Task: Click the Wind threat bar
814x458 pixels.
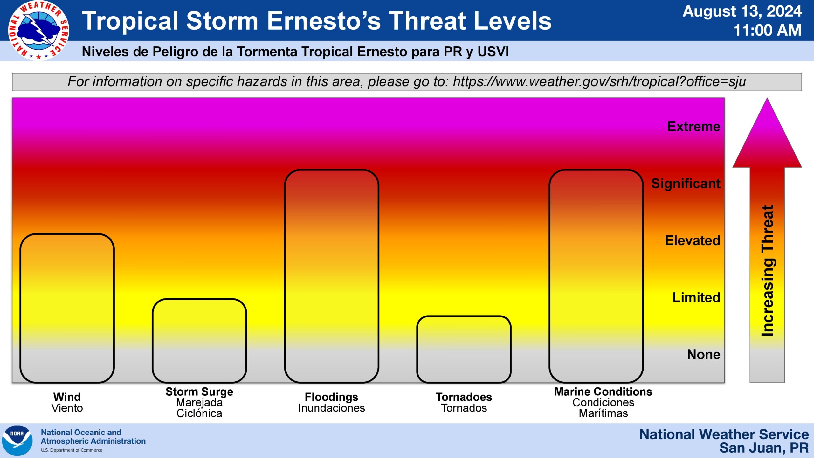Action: pyautogui.click(x=67, y=308)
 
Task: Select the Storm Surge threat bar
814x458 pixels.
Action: pyautogui.click(x=199, y=341)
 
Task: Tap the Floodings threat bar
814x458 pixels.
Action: pyautogui.click(x=332, y=276)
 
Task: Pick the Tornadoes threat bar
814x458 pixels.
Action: pyautogui.click(x=464, y=349)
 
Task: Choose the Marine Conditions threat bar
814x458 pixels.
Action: pyautogui.click(x=596, y=276)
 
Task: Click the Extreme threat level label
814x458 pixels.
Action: pyautogui.click(x=693, y=127)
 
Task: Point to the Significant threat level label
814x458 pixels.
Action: pyautogui.click(x=686, y=184)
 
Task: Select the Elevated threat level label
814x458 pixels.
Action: pyautogui.click(x=693, y=240)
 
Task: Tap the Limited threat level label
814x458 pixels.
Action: pyautogui.click(x=696, y=297)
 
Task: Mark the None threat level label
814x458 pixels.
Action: pyautogui.click(x=704, y=354)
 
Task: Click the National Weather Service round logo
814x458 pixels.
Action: pyautogui.click(x=38, y=31)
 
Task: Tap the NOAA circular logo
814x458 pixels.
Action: pyautogui.click(x=17, y=441)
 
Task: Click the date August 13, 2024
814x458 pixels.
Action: pyautogui.click(x=742, y=11)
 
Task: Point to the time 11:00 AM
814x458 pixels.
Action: pyautogui.click(x=768, y=31)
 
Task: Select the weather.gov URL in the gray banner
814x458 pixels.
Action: pyautogui.click(x=599, y=81)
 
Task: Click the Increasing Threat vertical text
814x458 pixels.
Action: pyautogui.click(x=768, y=271)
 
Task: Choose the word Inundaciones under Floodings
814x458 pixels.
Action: pyautogui.click(x=332, y=408)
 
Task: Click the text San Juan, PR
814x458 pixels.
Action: pyautogui.click(x=764, y=448)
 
